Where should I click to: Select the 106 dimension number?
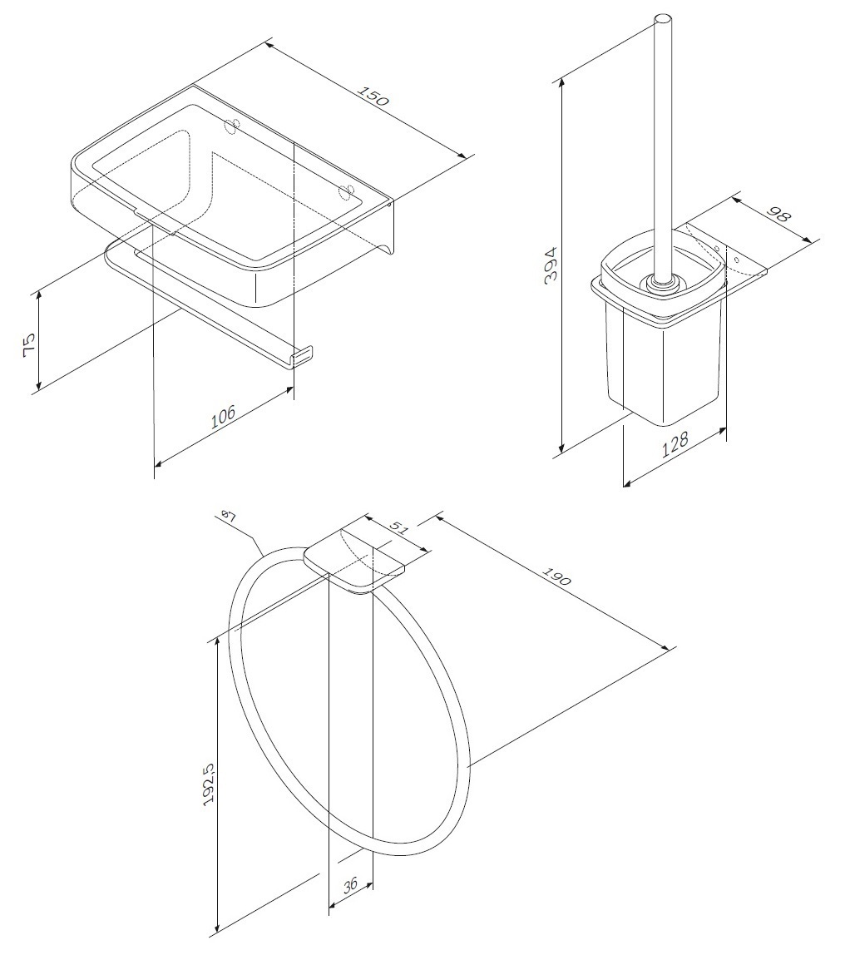[223, 418]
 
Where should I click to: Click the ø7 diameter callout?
[228, 517]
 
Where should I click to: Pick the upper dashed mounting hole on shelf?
[231, 126]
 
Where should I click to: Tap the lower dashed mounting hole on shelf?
[346, 191]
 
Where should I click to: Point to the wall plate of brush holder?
[724, 259]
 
